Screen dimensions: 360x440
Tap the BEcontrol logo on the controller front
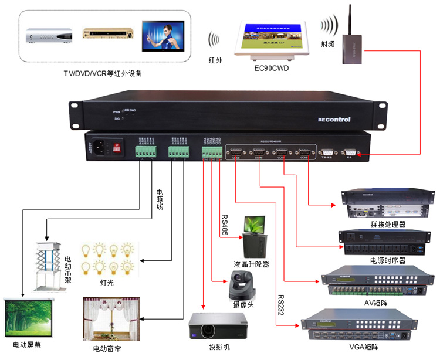pyautogui.click(x=334, y=119)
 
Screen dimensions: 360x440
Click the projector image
pyautogui.click(x=218, y=325)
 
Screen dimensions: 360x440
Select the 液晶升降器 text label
pyautogui.click(x=251, y=264)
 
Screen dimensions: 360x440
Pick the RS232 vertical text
pyautogui.click(x=280, y=304)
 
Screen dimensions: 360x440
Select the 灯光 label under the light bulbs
pyautogui.click(x=107, y=284)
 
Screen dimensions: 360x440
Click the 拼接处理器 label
pyautogui.click(x=388, y=225)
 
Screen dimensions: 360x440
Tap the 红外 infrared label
pyautogui.click(x=215, y=60)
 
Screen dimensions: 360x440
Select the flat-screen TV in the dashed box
pyautogui.click(x=163, y=36)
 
